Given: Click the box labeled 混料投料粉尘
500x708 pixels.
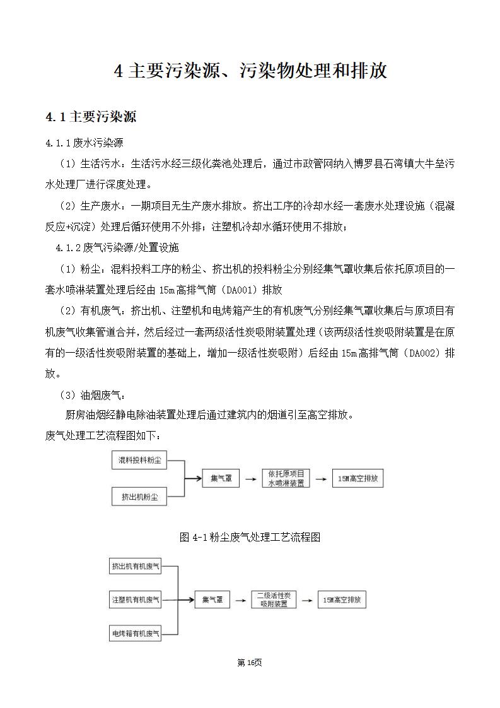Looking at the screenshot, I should tap(139, 461).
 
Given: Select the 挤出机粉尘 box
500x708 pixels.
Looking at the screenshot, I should tap(139, 497).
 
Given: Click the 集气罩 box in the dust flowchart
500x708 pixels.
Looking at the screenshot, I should tap(221, 479).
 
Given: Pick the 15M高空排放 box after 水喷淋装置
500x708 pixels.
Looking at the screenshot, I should tap(358, 479).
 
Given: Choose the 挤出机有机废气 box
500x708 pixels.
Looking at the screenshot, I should tap(136, 567).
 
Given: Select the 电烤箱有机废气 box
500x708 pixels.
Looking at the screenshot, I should tap(136, 632).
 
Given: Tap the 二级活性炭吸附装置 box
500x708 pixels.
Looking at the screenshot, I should tap(274, 599).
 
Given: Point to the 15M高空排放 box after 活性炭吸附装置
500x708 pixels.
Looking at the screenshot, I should tap(342, 600).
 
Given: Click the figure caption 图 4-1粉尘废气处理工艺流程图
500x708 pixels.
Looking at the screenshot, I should tap(250, 537).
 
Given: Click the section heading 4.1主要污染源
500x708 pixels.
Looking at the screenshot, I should tap(91, 117).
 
